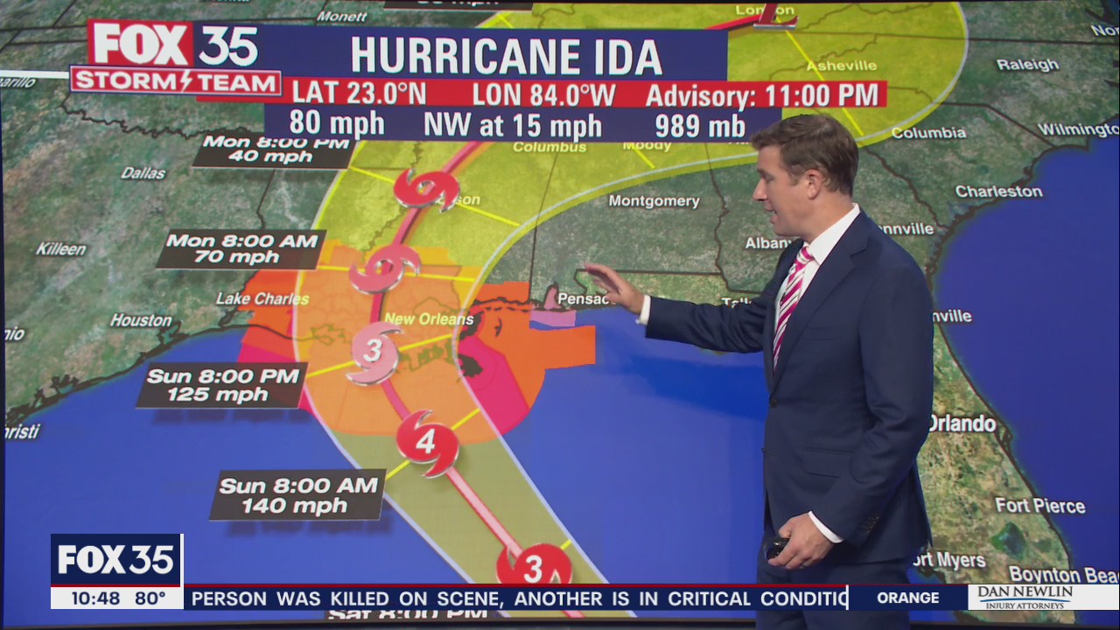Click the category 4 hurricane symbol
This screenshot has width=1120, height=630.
(426, 443)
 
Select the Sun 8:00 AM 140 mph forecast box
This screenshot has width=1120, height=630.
(297, 495)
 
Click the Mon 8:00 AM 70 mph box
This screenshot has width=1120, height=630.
(241, 248)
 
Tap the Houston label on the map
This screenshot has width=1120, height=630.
(141, 320)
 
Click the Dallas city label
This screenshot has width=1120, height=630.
(143, 173)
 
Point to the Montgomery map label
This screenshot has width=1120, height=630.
(654, 201)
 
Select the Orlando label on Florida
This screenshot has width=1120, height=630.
(961, 424)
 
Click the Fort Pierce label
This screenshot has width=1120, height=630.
(1039, 506)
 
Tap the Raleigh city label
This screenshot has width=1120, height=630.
(1027, 65)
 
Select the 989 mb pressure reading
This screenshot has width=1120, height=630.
(701, 125)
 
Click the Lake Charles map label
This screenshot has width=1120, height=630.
(262, 299)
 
